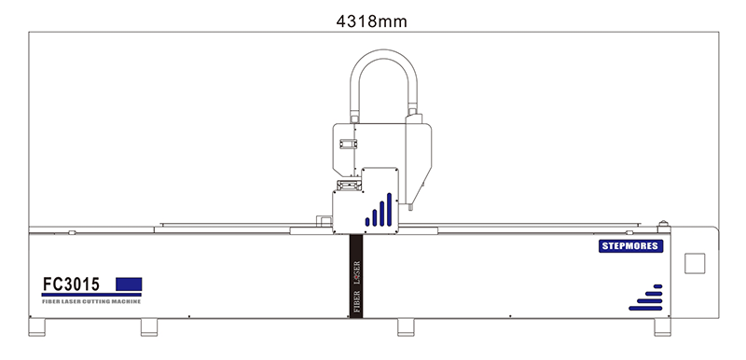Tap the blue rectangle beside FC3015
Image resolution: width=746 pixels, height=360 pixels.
click(129, 283)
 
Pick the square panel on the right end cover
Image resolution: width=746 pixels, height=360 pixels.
click(695, 263)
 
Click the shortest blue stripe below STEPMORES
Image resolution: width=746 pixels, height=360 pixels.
click(658, 285)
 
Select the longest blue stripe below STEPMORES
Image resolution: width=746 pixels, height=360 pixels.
click(643, 307)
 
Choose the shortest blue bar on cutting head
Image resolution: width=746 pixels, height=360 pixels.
click(368, 223)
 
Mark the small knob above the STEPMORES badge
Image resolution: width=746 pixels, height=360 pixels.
click(663, 223)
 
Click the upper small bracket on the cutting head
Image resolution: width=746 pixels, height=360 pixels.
click(349, 144)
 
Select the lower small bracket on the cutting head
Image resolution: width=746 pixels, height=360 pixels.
click(349, 185)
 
